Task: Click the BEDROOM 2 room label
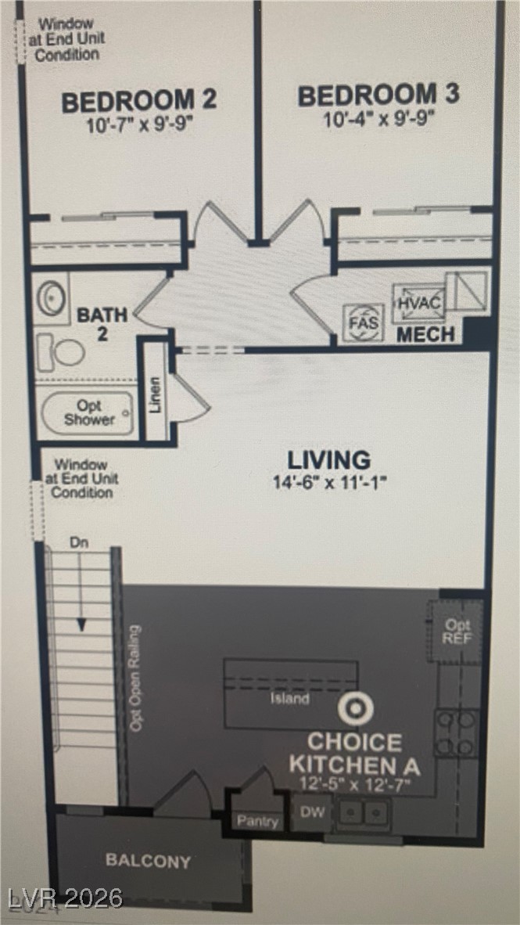[138, 101]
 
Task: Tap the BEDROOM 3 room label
[378, 95]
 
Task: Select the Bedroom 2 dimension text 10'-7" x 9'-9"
[138, 124]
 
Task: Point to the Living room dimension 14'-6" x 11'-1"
[329, 482]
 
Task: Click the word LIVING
[328, 460]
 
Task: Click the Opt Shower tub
[88, 413]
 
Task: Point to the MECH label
[425, 335]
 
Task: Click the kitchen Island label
[289, 699]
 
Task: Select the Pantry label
[258, 821]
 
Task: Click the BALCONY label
[148, 861]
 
